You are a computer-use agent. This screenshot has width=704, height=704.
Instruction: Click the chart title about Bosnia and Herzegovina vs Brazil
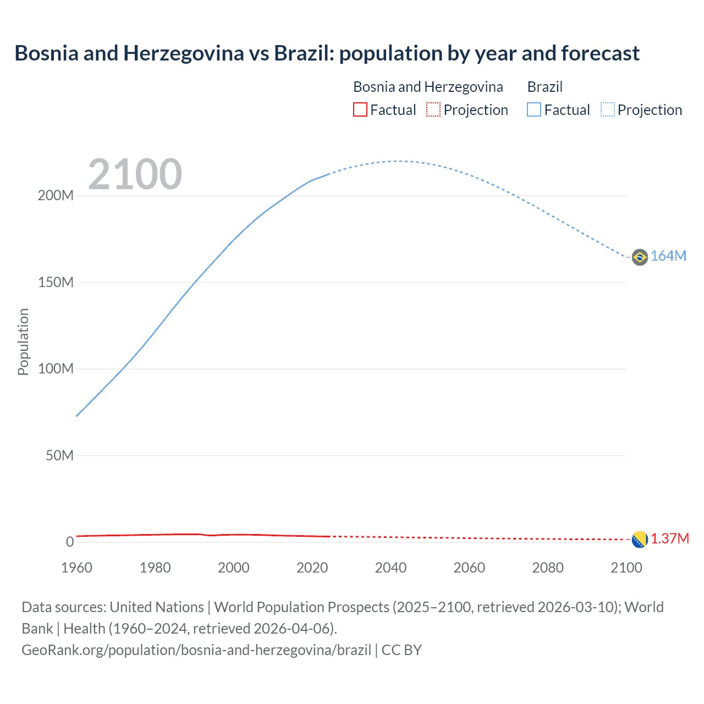click(x=327, y=53)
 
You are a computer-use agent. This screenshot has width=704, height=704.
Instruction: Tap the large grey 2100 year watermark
click(x=135, y=174)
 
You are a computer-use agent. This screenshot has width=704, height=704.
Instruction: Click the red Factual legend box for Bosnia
click(x=360, y=109)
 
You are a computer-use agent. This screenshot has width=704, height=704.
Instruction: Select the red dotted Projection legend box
click(x=433, y=109)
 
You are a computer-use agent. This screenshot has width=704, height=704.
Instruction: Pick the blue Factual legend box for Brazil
click(x=534, y=109)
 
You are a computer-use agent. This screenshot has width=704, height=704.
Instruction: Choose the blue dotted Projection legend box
click(x=608, y=109)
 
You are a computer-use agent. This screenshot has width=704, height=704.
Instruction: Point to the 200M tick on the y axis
click(x=56, y=196)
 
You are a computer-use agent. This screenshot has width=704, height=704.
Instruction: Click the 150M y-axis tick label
click(x=56, y=282)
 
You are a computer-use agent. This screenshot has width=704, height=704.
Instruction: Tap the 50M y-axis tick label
click(x=59, y=455)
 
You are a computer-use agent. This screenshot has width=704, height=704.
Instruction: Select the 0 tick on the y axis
click(x=70, y=542)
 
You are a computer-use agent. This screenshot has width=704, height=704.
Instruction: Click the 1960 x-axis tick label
click(x=76, y=568)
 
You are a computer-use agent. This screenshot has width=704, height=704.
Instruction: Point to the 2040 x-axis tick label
click(x=391, y=568)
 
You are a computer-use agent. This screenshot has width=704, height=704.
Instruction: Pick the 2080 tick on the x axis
click(x=548, y=568)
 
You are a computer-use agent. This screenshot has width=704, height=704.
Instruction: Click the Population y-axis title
click(x=23, y=342)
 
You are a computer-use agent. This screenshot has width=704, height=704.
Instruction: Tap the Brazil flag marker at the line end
click(x=640, y=257)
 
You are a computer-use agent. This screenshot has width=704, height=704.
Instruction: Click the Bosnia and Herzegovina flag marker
click(x=640, y=540)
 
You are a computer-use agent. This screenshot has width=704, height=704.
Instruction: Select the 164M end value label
click(x=668, y=256)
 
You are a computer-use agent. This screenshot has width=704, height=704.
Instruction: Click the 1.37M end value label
click(x=670, y=539)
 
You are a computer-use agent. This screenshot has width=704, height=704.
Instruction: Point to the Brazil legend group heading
click(x=544, y=87)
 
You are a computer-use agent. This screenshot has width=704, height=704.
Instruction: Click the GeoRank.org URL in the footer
click(x=196, y=650)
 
